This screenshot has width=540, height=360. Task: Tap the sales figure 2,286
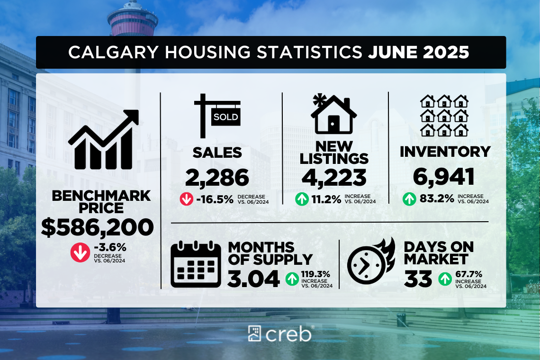pos(217,178)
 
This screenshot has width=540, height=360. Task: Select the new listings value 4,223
pos(334,178)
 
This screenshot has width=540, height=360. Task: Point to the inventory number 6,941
pos(443,177)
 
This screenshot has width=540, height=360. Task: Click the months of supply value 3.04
pos(253,279)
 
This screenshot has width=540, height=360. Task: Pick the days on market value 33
pos(418,279)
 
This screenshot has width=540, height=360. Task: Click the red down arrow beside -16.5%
pos(186,199)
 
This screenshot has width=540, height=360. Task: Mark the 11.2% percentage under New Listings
pos(326,199)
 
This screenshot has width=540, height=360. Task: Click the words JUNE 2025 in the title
pos(419,52)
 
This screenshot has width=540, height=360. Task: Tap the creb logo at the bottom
pos(279,333)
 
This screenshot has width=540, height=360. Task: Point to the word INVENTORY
pos(445,152)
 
